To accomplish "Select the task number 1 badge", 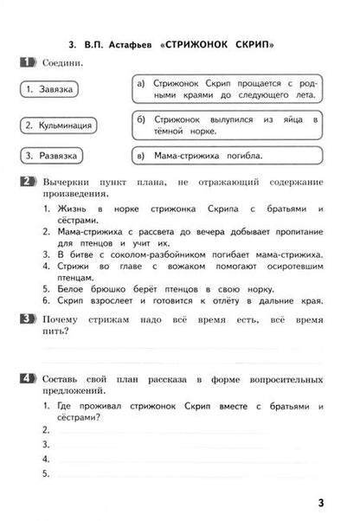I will [27, 62].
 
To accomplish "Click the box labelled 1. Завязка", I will [50, 89].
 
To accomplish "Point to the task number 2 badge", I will [27, 182].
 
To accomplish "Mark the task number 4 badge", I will [27, 379].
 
